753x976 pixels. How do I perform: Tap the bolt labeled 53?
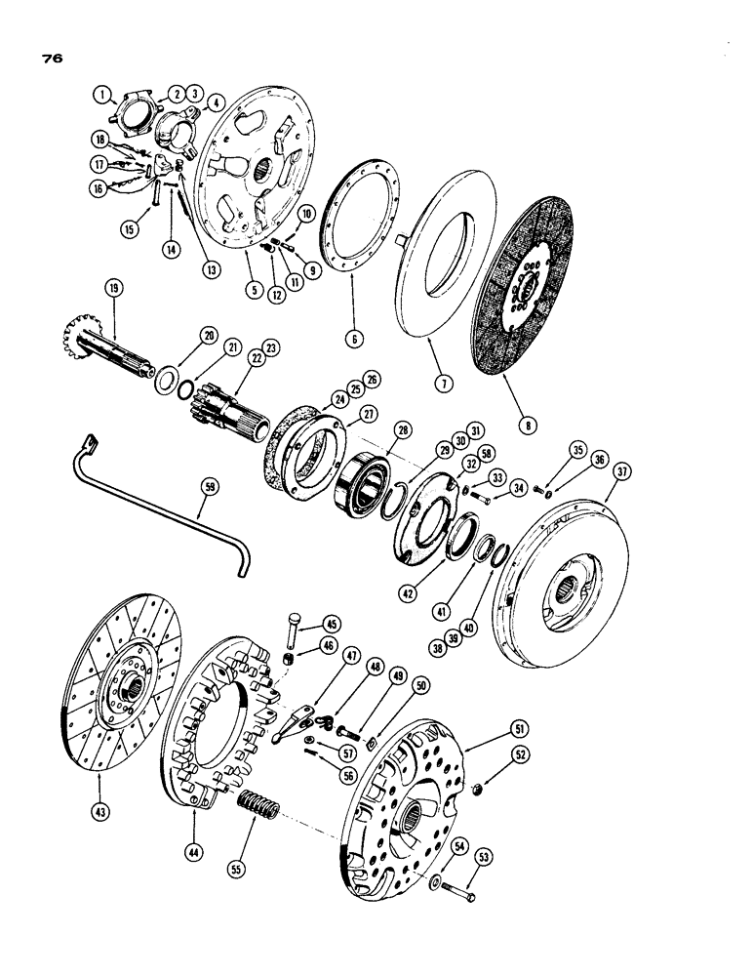coord(457,889)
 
